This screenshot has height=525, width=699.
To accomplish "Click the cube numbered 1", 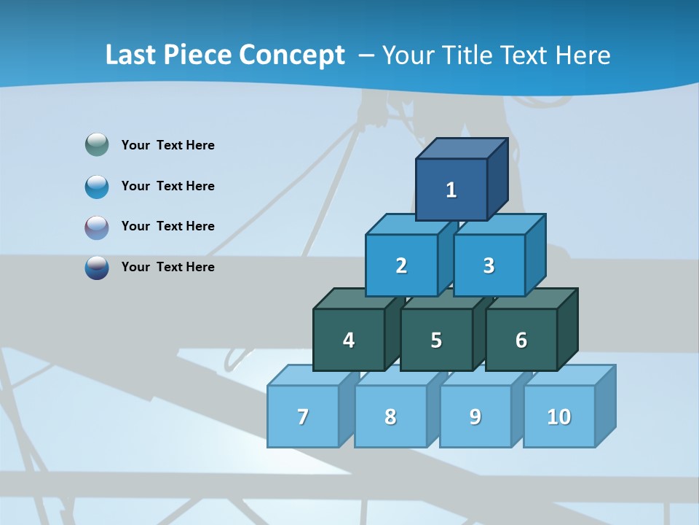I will [451, 190].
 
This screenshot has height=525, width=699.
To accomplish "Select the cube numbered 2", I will [401, 265].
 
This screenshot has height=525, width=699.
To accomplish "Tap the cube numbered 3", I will [489, 265].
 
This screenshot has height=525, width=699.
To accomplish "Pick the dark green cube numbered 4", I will [349, 340].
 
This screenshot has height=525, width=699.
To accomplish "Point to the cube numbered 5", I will [435, 340].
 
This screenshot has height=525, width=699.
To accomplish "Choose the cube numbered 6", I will [521, 340].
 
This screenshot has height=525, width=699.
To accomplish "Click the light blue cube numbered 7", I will [303, 416].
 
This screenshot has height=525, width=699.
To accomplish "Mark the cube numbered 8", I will [390, 416].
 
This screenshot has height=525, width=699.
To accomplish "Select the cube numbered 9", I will [475, 416].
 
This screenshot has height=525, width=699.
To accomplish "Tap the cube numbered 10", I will [558, 416].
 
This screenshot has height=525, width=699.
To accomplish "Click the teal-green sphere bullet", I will [97, 145].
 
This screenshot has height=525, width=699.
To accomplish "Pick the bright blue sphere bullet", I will [97, 186].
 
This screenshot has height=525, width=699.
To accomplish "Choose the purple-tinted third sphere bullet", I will [97, 227].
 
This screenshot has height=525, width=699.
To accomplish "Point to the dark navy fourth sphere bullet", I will [97, 267].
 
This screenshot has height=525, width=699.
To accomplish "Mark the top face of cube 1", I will [461, 149].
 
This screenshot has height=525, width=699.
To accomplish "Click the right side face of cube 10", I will [605, 405].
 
